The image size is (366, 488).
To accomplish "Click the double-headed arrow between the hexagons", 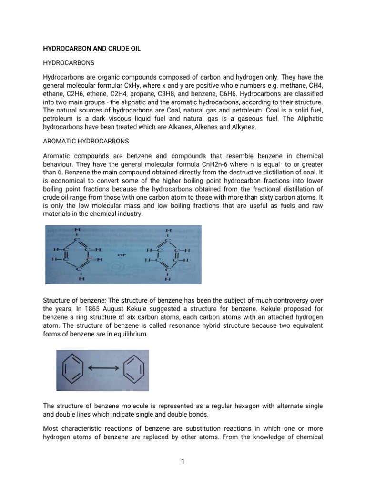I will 102,370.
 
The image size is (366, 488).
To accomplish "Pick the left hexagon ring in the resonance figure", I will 75,370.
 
